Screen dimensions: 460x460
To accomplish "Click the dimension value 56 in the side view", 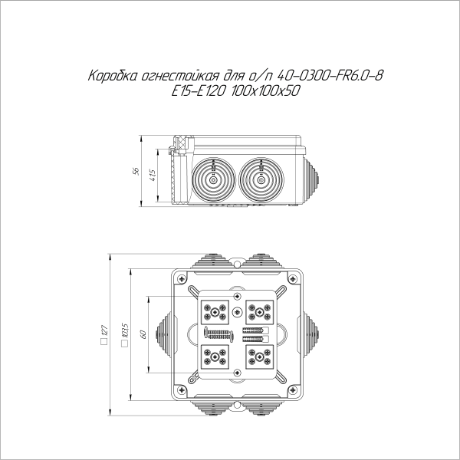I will pos(136,171).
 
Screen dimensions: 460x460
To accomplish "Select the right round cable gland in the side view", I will pos(261,179).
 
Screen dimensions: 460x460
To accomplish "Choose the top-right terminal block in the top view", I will pos(260,311).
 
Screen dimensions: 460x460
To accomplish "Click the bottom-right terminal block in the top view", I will pos(260,356).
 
